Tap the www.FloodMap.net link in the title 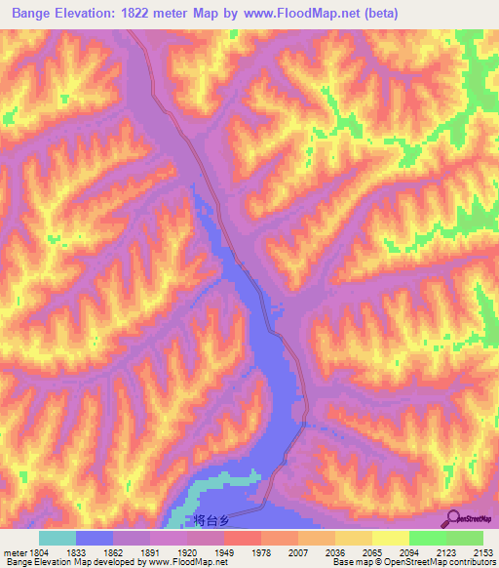[x=304, y=12]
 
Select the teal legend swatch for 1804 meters [x=58, y=538]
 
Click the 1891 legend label [x=150, y=551]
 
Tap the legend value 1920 [x=187, y=551]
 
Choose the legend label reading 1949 [x=224, y=551]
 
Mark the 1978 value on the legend [x=261, y=551]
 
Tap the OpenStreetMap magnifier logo [x=453, y=518]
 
